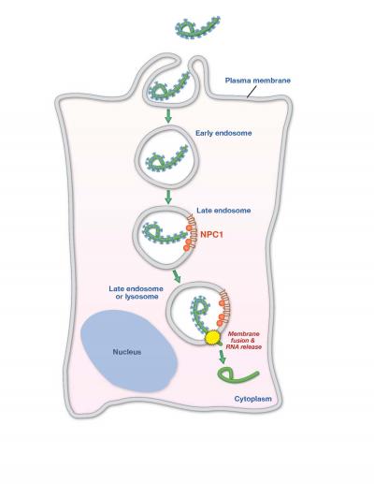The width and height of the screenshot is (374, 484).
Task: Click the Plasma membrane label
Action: [x=259, y=81]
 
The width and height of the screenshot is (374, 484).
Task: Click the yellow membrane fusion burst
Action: [x=213, y=335]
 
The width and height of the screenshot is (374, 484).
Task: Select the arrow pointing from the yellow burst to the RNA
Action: [x=223, y=355]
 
